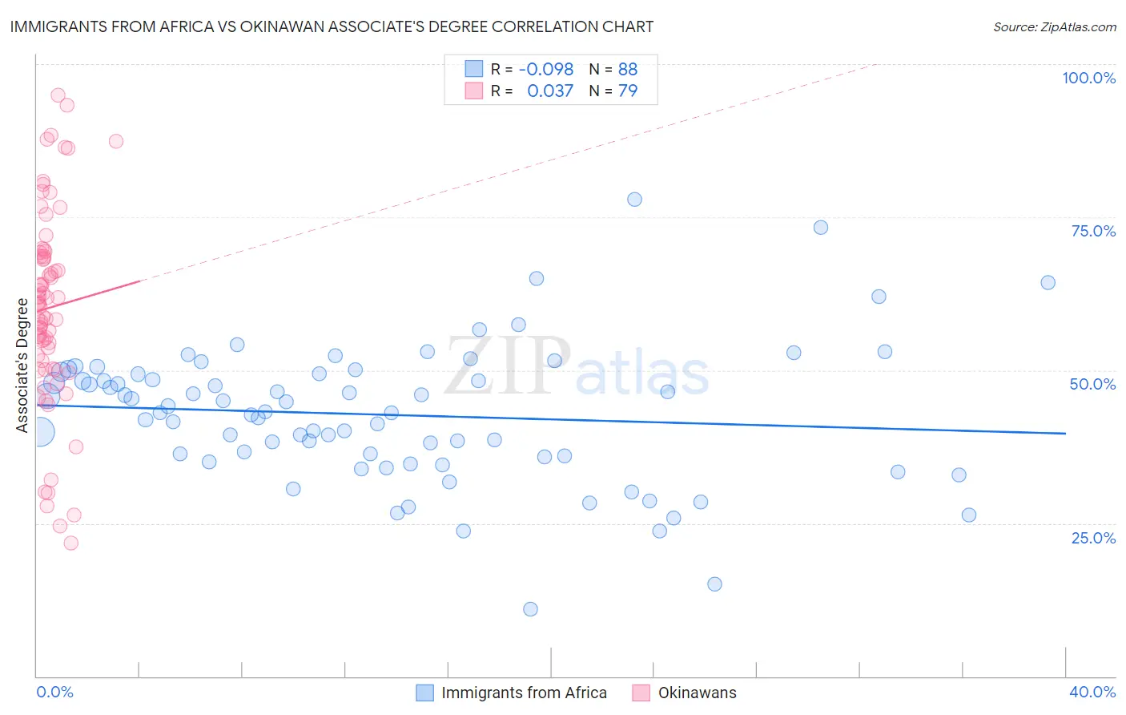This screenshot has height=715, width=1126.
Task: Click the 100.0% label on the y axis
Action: (x=1088, y=78)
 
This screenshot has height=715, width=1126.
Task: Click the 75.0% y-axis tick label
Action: (x=1093, y=231)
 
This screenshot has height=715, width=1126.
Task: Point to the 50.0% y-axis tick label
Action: (x=1092, y=384)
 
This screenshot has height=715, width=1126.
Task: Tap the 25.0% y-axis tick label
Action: (x=1093, y=538)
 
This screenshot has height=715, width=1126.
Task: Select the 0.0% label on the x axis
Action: (x=54, y=692)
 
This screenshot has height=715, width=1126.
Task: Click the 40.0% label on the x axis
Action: (x=1092, y=692)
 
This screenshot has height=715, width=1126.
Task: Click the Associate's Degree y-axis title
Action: (x=22, y=365)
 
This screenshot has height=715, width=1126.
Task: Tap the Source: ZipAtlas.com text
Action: (x=1054, y=26)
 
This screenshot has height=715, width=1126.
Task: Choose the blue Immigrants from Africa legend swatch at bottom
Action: (x=424, y=693)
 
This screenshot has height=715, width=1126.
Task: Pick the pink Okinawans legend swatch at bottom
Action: (x=641, y=693)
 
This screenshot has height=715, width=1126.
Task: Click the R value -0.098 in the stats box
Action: (x=546, y=69)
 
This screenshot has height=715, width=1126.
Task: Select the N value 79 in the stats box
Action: (x=628, y=91)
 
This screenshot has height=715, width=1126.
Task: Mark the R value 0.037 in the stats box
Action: (x=550, y=91)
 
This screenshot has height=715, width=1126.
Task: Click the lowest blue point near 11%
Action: (x=530, y=609)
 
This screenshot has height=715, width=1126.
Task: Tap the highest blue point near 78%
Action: (x=634, y=200)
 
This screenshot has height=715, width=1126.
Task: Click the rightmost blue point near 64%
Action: (x=1048, y=282)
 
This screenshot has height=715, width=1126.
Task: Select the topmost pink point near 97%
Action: (x=58, y=95)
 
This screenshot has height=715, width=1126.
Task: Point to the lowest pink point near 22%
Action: (x=70, y=543)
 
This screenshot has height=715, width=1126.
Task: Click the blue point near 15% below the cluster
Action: (x=714, y=584)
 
